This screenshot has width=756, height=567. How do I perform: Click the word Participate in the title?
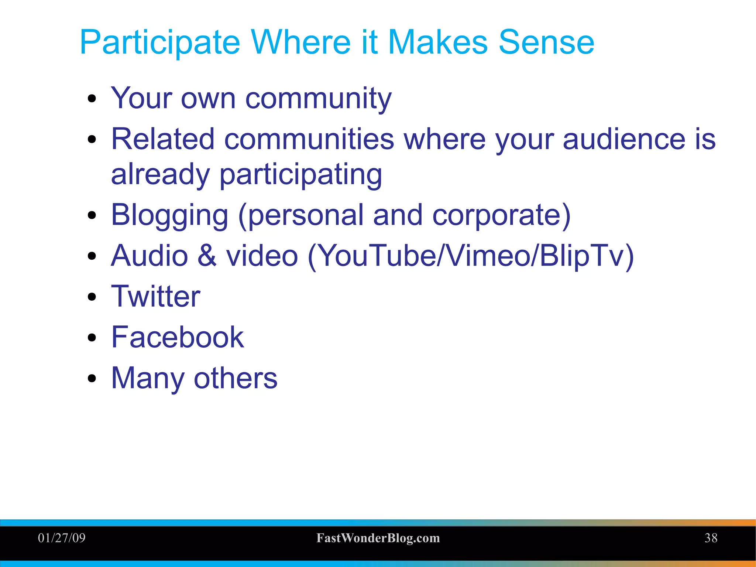[x=160, y=43]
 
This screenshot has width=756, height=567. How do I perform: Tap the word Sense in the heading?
[x=546, y=42]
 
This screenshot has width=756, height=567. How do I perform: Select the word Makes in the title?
[x=438, y=42]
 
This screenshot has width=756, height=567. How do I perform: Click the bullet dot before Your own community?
[x=92, y=99]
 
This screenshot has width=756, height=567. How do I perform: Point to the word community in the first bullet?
[x=318, y=99]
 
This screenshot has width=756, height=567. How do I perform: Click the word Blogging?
[x=169, y=216]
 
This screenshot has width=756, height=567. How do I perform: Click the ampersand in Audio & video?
[x=207, y=256]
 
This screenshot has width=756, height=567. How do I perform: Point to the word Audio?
[x=150, y=256]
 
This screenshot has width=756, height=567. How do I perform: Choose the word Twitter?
[x=155, y=296]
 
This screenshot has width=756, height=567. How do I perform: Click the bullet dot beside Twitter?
[x=92, y=297]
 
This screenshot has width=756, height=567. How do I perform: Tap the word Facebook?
[x=178, y=337]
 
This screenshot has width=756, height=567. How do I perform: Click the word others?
[x=235, y=378]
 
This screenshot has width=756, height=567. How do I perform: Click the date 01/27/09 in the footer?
[x=62, y=538]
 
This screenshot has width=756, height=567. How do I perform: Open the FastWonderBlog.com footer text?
[x=378, y=538]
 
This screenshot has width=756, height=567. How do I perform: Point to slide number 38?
[x=711, y=538]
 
